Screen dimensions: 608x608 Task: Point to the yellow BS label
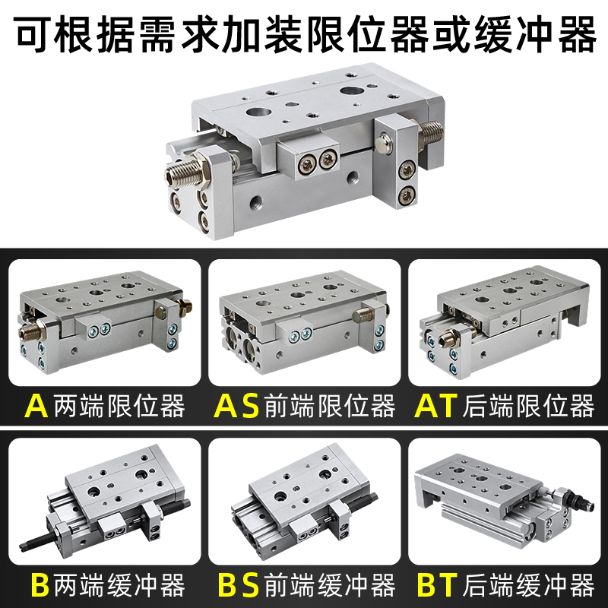[239, 585]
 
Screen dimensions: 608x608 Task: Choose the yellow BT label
[437, 585]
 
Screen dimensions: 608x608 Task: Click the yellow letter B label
[39, 585]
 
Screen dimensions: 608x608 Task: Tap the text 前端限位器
[330, 407]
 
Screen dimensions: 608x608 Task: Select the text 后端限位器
[527, 407]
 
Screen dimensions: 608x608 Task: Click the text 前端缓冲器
[330, 585]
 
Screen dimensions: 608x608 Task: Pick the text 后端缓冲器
[527, 585]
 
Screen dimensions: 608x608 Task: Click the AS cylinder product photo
[304, 323]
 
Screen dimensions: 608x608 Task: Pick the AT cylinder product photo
[503, 323]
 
